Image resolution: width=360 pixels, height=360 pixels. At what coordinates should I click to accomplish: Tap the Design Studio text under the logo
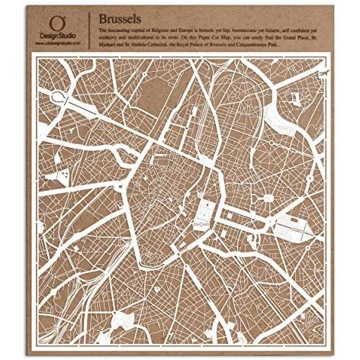click(x=55, y=36)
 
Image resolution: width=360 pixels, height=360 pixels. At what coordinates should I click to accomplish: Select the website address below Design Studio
click(x=55, y=43)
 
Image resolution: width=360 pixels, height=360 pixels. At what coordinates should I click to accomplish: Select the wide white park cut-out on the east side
click(x=289, y=221)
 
